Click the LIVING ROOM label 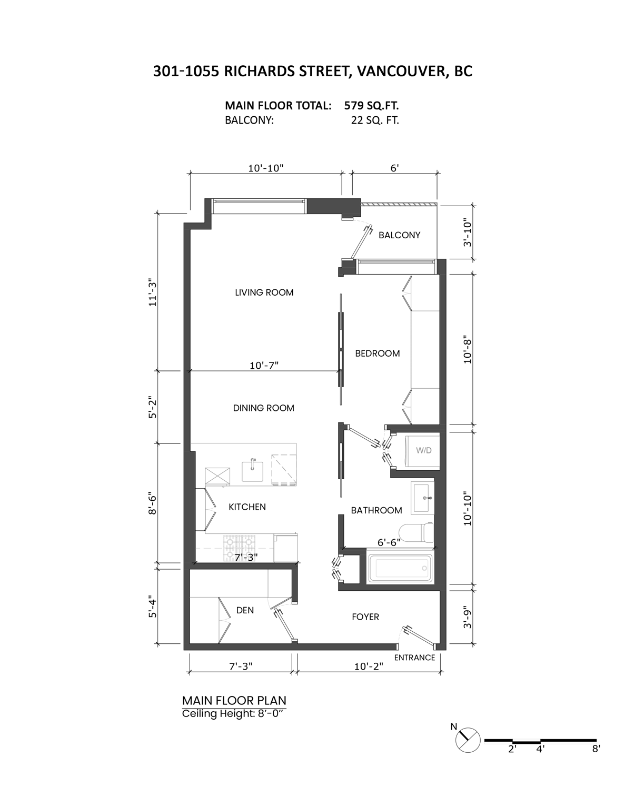(x=264, y=292)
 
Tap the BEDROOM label (x=377, y=353)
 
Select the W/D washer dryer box (x=423, y=451)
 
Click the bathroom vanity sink (x=423, y=498)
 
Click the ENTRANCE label (x=414, y=658)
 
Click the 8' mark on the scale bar (x=596, y=749)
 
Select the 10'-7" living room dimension (x=264, y=365)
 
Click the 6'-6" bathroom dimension (x=389, y=542)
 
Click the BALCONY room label (x=399, y=235)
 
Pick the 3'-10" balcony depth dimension (x=468, y=233)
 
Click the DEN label (x=245, y=610)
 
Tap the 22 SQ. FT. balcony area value (x=374, y=120)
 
